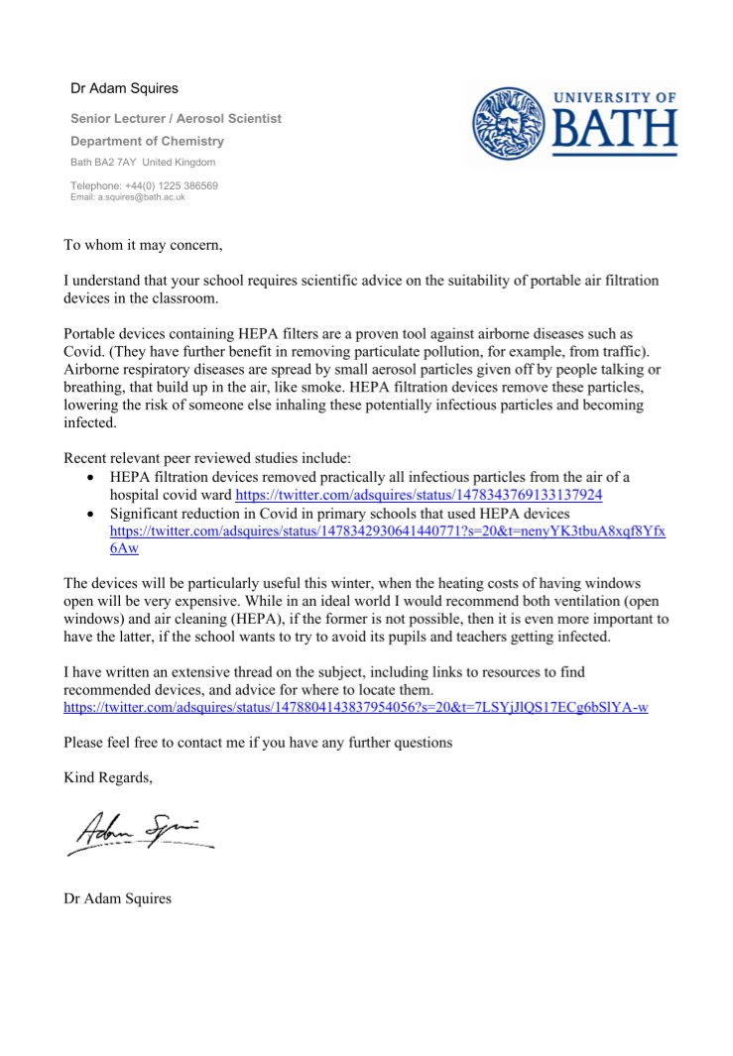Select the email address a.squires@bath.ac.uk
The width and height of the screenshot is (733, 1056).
pyautogui.click(x=127, y=197)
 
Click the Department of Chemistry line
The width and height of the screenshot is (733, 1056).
pyautogui.click(x=147, y=141)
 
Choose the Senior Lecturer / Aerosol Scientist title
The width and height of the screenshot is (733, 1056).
pyautogui.click(x=176, y=118)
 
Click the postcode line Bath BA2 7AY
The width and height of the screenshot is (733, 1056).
pyautogui.click(x=143, y=162)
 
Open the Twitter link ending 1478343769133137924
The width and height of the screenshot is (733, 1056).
pyautogui.click(x=419, y=494)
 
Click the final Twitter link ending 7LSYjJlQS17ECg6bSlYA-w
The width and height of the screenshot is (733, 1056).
pyautogui.click(x=355, y=708)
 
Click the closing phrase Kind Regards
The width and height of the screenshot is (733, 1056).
pyautogui.click(x=108, y=777)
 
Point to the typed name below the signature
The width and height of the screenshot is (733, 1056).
pyautogui.click(x=117, y=899)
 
